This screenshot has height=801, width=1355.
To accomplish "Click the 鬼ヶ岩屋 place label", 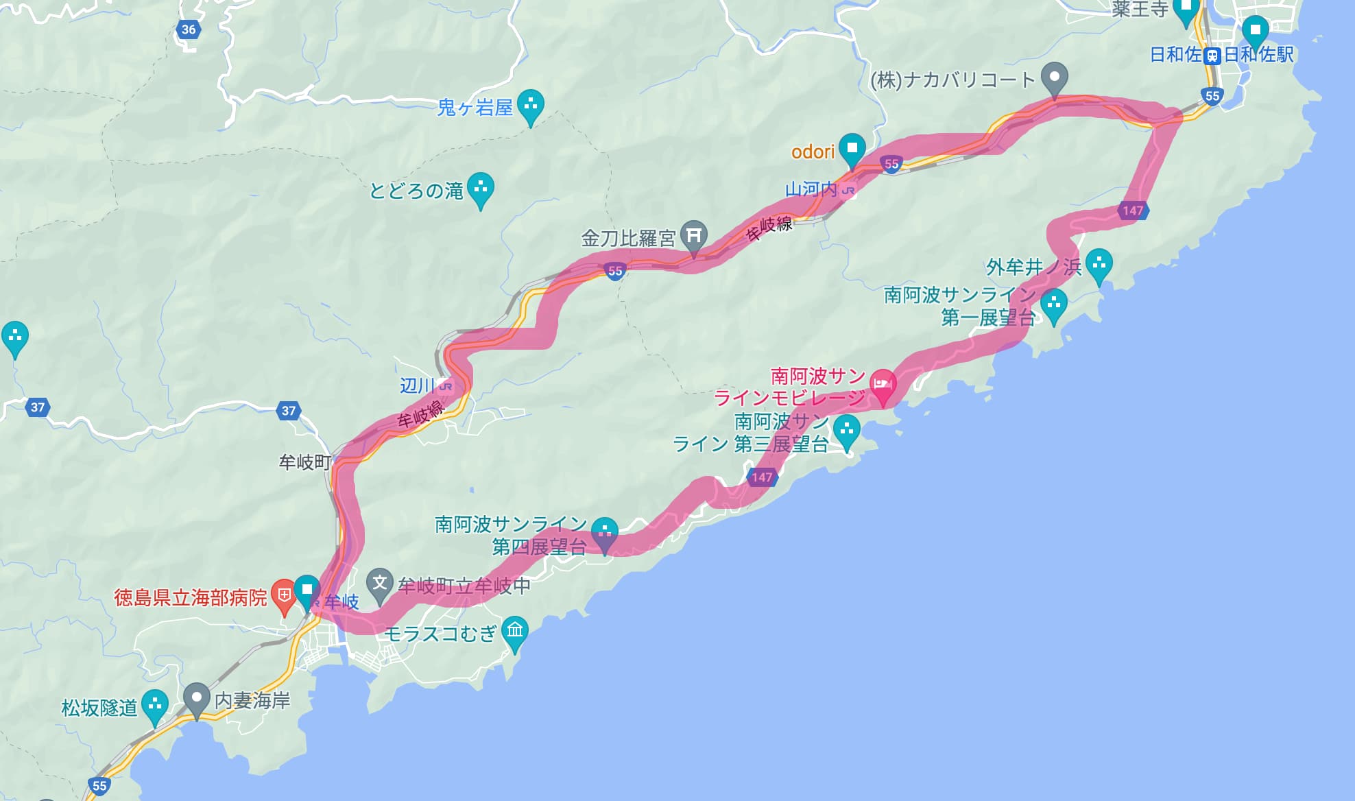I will tap(475, 108).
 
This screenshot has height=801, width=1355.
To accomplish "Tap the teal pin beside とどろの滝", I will tap(481, 188).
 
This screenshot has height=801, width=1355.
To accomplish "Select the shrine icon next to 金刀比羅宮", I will tap(693, 237).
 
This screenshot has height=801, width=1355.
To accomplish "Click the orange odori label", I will tap(813, 152).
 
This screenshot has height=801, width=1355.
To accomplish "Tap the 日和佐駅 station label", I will tap(1258, 55).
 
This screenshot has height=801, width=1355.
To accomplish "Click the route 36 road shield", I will tap(189, 29).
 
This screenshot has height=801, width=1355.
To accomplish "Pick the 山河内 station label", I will tap(812, 189).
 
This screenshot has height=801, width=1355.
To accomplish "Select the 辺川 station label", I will tap(418, 385).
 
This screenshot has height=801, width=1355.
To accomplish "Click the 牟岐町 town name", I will tap(304, 462).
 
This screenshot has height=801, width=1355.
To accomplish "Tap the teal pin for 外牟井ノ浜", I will tap(1099, 265).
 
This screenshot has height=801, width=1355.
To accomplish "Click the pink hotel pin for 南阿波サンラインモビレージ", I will tap(883, 385).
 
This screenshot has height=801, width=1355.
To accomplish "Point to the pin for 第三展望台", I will tap(847, 432).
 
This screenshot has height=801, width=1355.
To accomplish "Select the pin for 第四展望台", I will tap(605, 533).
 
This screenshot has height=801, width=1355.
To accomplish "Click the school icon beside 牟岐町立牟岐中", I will tap(379, 584).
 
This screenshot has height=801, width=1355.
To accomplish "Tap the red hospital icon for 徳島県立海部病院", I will tap(283, 595).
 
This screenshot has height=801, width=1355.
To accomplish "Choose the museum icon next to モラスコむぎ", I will tap(515, 631).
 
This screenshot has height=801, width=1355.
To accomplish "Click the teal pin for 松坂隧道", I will tap(155, 705).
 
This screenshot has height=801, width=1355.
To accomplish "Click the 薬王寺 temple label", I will tap(1140, 9).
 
